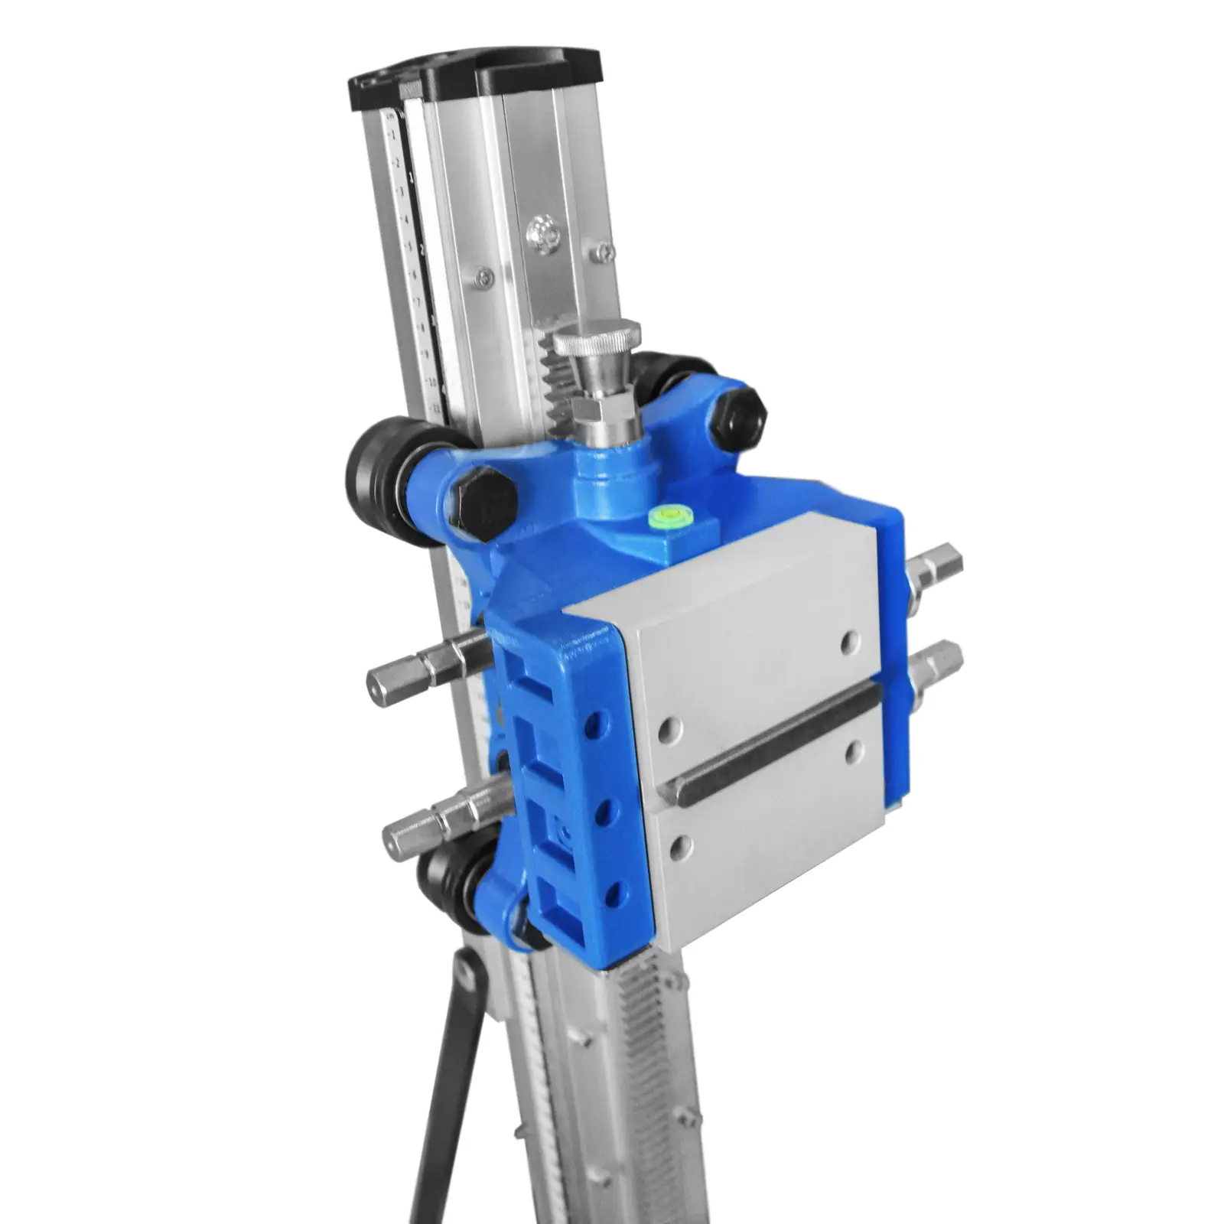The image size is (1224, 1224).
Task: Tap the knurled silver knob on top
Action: click(x=597, y=339)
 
